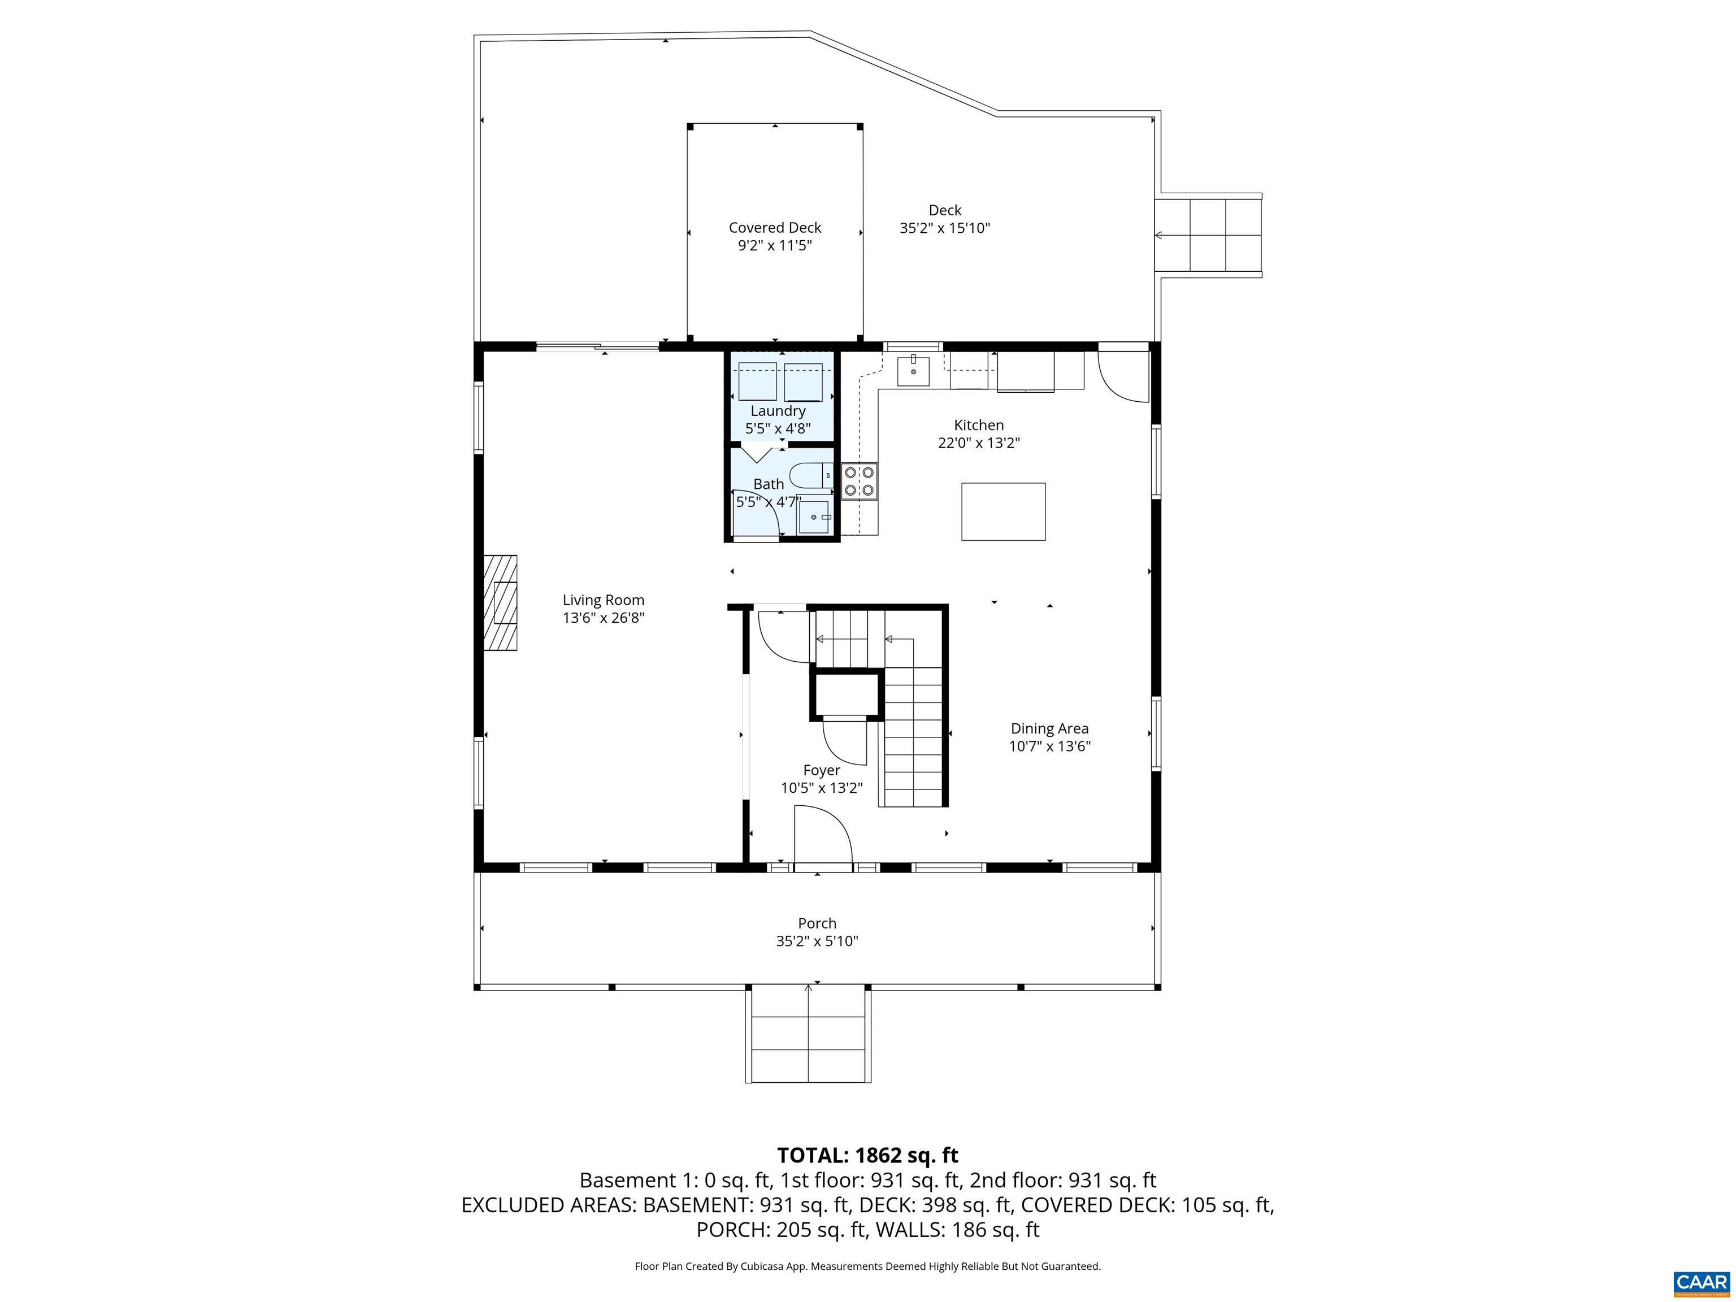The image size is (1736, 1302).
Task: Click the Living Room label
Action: (603, 600)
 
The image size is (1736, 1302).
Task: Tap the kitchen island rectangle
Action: (1003, 511)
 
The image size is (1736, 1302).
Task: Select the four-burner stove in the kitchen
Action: (860, 481)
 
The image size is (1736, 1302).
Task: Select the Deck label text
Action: (944, 210)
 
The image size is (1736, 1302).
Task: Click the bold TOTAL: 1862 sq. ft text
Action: (867, 1155)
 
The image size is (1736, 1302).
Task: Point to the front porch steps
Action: (808, 1034)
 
